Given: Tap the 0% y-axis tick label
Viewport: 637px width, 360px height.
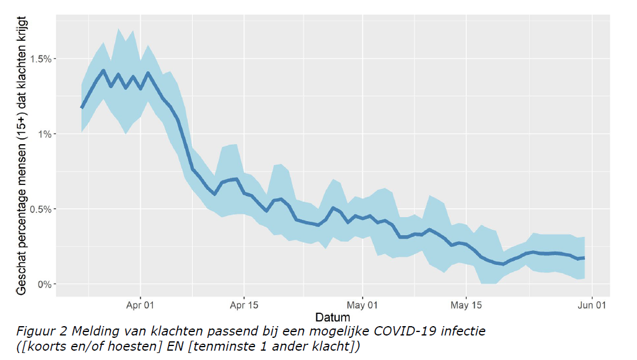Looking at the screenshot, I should point(46,284).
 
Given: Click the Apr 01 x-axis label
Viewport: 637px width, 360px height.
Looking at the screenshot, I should point(140,305).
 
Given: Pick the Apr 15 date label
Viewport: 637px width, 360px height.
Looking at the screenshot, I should point(243,305).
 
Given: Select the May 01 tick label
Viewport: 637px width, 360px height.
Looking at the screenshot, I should point(363,305).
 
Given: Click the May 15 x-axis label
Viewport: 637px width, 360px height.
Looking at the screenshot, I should point(466,305).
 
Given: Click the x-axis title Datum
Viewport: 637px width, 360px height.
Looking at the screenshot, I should point(333,317).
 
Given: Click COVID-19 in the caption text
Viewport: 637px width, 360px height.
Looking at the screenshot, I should point(409,332).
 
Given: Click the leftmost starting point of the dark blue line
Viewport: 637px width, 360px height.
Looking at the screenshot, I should point(82,108).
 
